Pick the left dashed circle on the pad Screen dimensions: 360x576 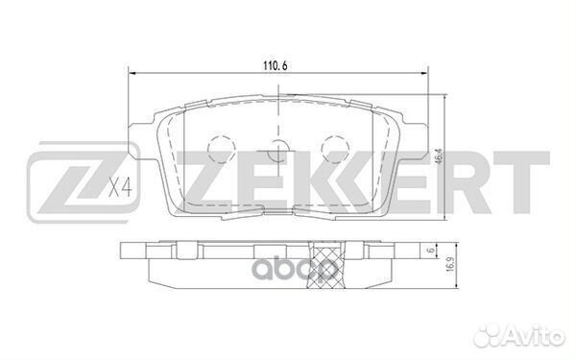tap(222, 148)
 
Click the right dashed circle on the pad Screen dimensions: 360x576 tap(336, 148)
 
